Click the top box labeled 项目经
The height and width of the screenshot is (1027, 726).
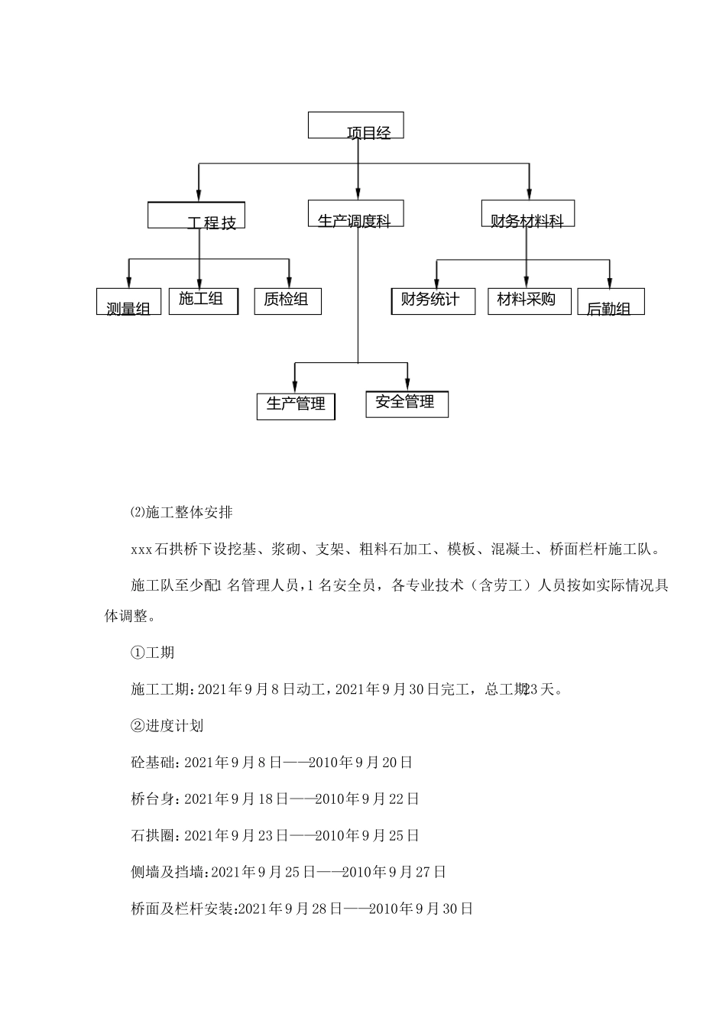point(356,126)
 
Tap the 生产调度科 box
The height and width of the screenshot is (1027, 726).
point(355,214)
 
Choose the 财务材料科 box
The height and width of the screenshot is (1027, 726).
point(527,214)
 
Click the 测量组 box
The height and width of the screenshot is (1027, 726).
point(123,302)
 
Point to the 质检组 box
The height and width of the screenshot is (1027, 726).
point(287,301)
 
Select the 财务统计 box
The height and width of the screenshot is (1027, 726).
point(433,301)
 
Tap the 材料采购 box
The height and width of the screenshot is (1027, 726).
point(529,301)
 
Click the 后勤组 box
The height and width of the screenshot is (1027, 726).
point(611,302)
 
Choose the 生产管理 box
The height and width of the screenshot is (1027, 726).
point(297,406)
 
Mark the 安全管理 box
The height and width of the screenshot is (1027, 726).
point(407,403)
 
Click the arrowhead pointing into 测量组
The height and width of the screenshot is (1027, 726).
point(128,283)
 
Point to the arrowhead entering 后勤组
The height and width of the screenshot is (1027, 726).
point(609,283)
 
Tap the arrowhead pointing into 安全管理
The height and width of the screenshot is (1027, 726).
point(407,387)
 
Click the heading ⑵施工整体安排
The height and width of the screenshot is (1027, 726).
point(181,512)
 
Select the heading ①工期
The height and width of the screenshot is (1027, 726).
point(153,652)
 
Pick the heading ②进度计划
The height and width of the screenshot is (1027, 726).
point(167,725)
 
